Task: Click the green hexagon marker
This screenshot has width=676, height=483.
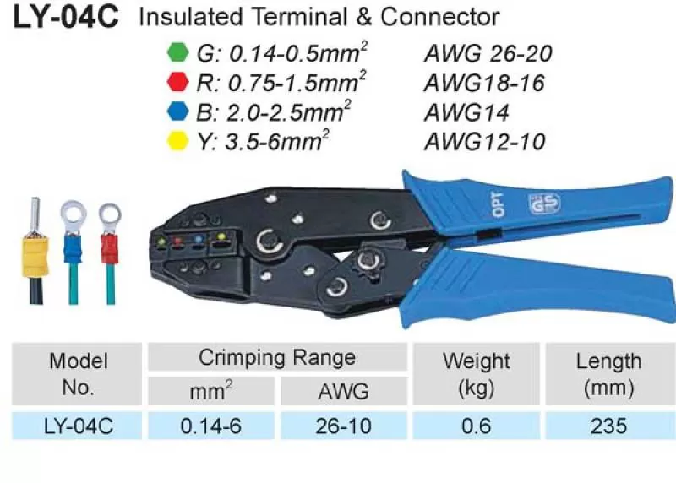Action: pos(177,52)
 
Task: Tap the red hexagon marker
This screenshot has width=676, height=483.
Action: pos(177,82)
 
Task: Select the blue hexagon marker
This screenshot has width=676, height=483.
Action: pos(177,111)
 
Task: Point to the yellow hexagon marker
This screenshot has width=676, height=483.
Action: pos(177,141)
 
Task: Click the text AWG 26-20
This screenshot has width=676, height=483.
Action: pos(488,54)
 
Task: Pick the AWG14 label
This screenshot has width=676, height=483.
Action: pos(466,113)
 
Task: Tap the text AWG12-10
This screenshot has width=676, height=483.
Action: pos(484,142)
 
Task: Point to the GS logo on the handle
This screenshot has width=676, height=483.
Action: pos(544,204)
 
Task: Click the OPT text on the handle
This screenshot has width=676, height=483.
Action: pos(498,204)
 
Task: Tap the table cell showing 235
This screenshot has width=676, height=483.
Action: pos(608,426)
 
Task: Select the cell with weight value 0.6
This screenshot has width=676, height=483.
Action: pos(476,426)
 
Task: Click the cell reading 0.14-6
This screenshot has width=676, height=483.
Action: pos(210,426)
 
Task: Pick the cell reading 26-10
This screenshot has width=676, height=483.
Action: pos(344,426)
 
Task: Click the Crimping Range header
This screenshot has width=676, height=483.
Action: pos(277,357)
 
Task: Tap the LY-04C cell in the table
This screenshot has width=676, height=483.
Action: pos(78,426)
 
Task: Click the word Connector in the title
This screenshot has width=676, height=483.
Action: pos(439,17)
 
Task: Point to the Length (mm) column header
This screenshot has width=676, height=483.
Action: pos(608,374)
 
